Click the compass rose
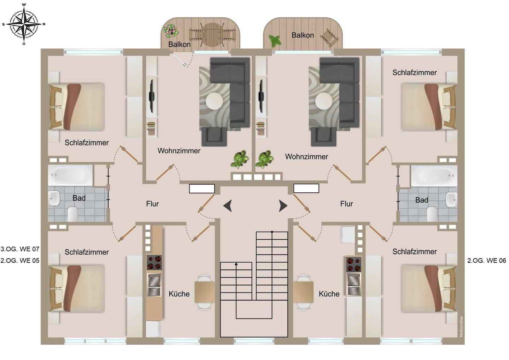24,24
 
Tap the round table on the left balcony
213,35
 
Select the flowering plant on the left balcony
171,31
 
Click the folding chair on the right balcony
329,37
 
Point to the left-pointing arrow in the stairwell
228,206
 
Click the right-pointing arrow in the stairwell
283,206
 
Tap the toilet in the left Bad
73,214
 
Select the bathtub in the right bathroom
434,175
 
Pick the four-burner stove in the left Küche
154,262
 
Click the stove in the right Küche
353,264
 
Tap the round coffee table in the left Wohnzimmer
215,101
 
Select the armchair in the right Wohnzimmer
323,137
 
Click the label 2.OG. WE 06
486,261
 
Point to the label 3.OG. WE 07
20,249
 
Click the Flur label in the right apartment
346,204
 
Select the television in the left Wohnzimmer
151,96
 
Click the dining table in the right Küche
303,292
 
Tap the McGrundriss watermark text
461,326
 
